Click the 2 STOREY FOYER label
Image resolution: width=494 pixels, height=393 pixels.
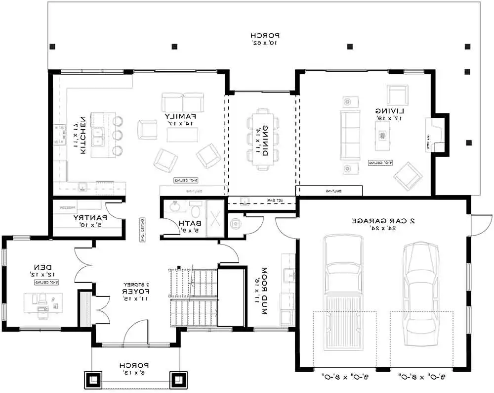[134, 289]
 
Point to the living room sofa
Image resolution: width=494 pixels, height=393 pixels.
[350, 134]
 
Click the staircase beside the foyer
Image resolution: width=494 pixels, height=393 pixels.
[193, 297]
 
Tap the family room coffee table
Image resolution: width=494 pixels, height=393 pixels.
[183, 135]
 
